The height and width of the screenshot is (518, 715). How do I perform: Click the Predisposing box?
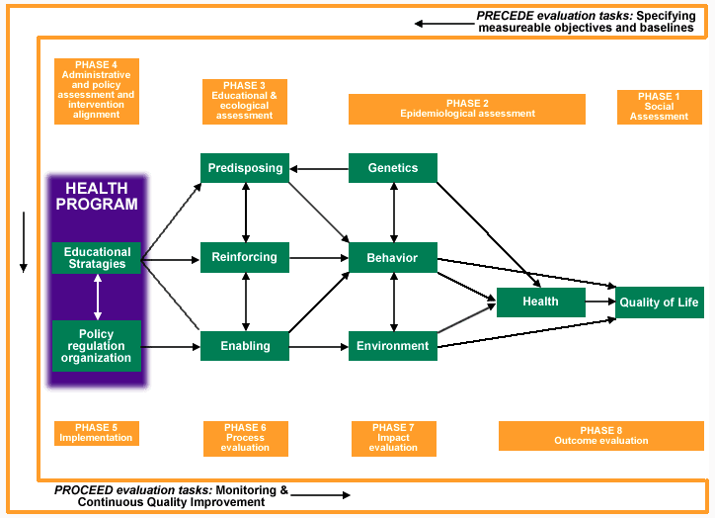click(x=245, y=168)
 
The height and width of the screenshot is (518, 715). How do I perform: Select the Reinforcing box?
click(x=245, y=257)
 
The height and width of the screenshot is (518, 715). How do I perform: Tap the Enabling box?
click(x=245, y=346)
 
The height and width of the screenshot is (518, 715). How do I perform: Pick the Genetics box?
click(x=393, y=168)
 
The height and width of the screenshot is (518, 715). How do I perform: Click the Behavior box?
click(x=393, y=257)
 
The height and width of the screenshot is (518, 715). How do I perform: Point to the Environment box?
click(x=393, y=346)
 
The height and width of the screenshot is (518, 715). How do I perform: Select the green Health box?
click(x=541, y=302)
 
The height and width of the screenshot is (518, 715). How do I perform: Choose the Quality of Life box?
click(x=660, y=302)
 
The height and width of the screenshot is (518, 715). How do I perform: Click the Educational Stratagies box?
click(x=96, y=258)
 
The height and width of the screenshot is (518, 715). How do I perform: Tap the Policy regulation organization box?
click(x=96, y=345)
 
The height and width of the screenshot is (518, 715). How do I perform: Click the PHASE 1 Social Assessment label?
click(x=660, y=107)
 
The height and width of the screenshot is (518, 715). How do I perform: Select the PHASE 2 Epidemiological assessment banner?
click(x=467, y=109)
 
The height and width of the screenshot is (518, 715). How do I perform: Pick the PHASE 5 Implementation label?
click(x=97, y=433)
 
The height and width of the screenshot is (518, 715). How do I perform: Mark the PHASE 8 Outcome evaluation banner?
click(x=601, y=436)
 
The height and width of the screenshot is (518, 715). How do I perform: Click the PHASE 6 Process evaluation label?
click(x=246, y=439)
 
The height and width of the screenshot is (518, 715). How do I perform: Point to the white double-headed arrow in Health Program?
click(x=98, y=297)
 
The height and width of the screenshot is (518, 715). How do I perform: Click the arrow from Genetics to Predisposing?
click(x=319, y=169)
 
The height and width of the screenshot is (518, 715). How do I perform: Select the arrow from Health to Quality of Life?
click(x=600, y=302)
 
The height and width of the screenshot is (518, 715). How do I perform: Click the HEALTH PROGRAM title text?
click(x=97, y=197)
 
